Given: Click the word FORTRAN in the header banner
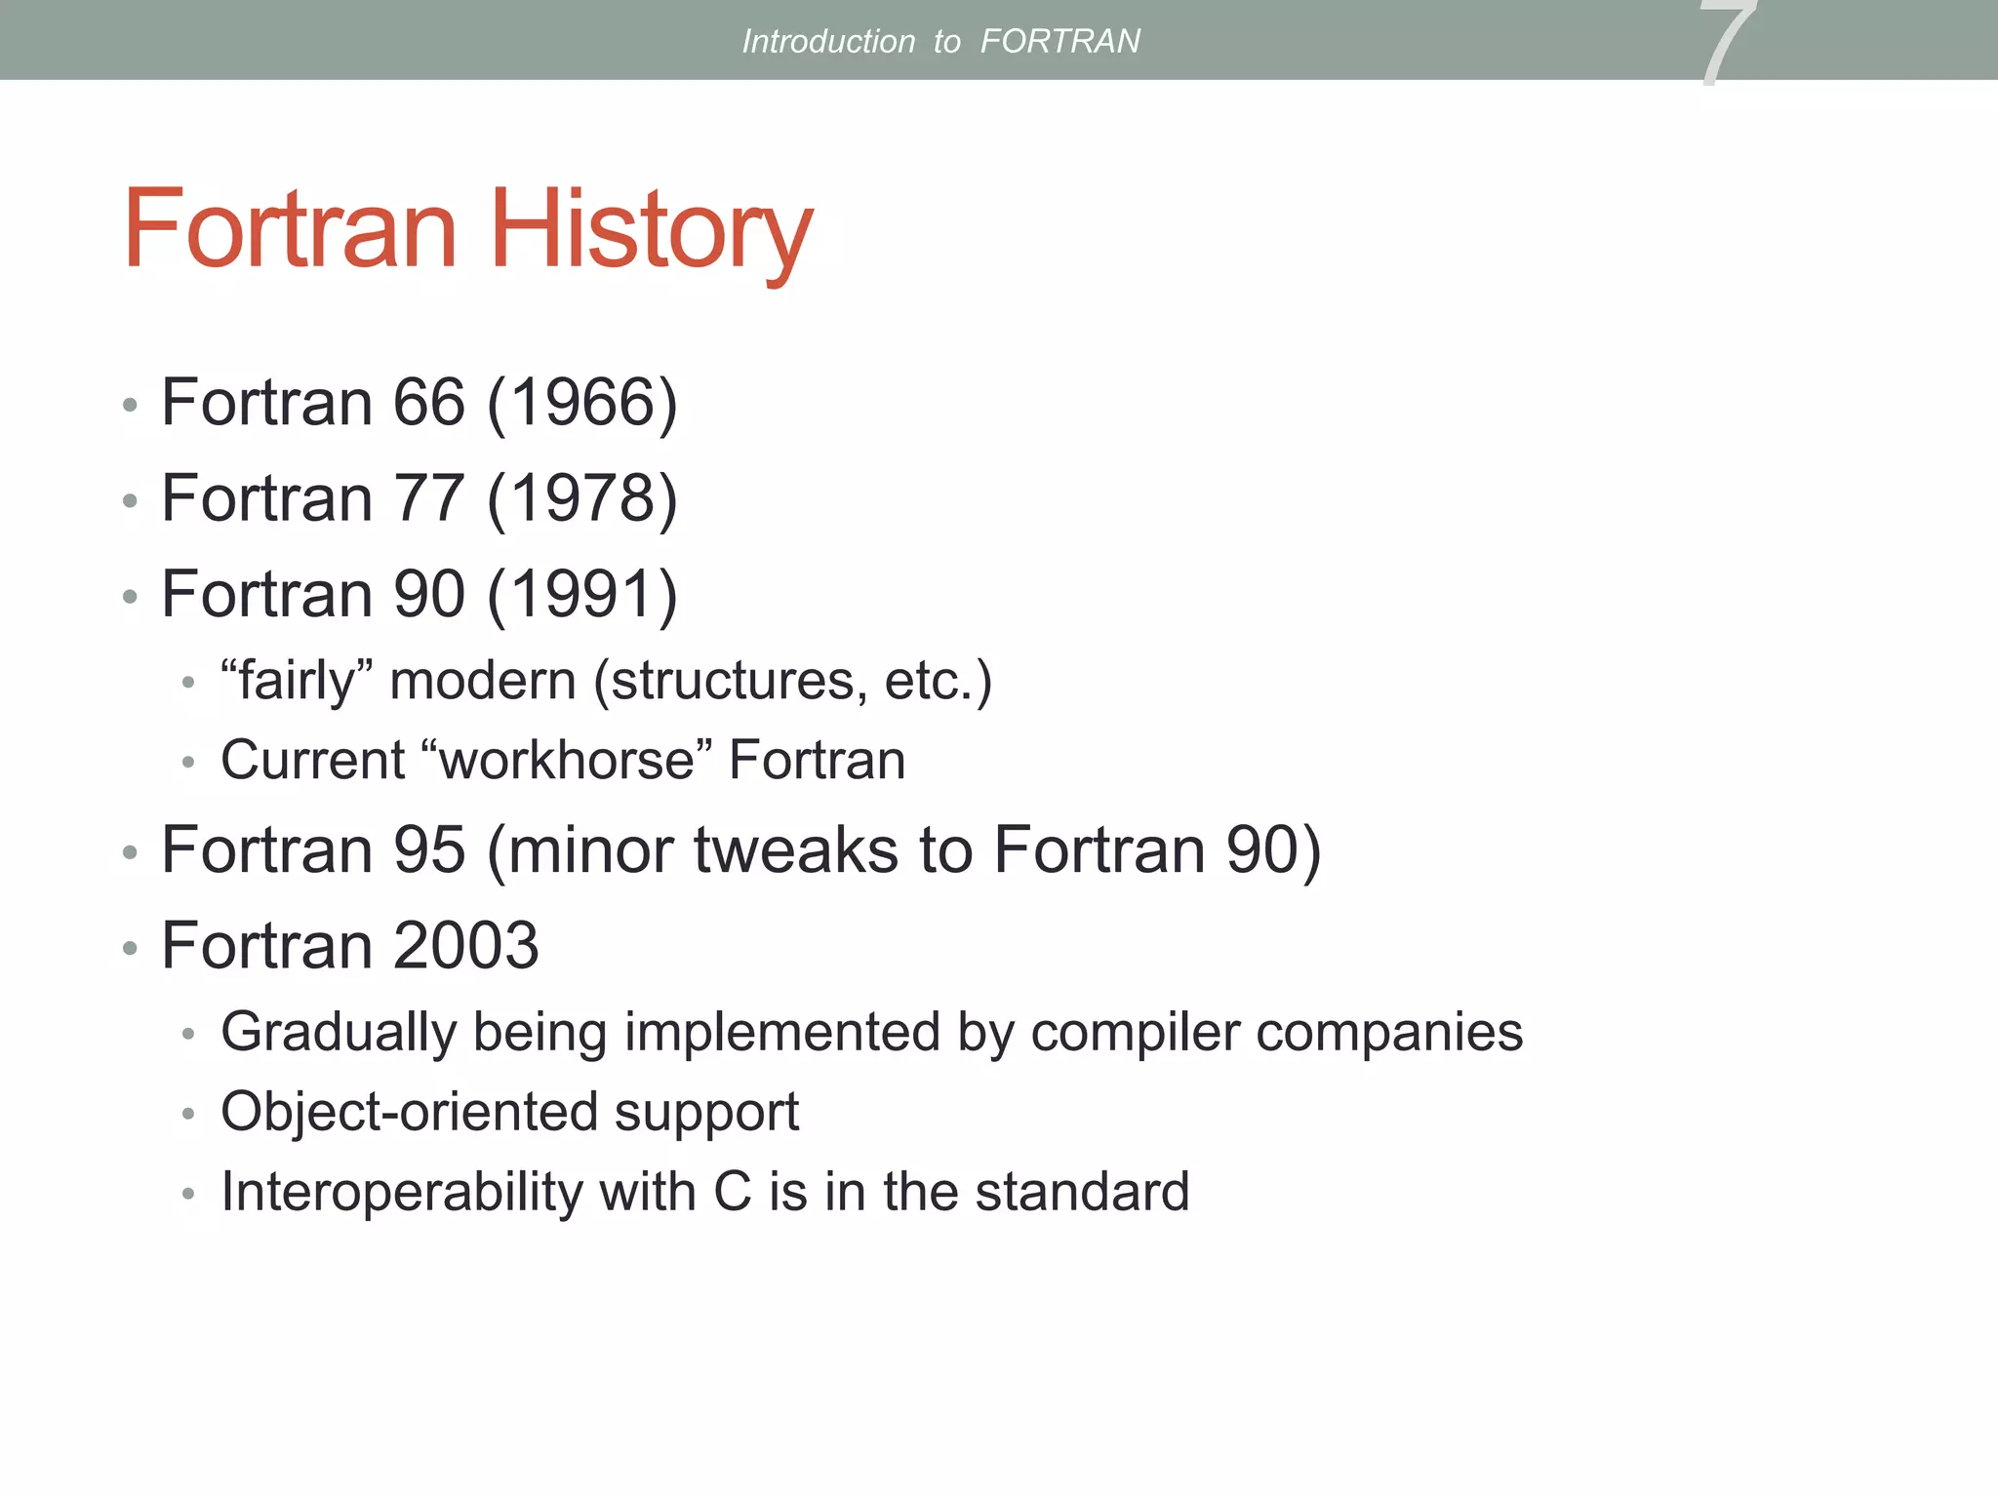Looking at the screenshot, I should click(1059, 41).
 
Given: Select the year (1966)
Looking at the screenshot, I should click(581, 402).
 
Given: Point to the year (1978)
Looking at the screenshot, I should click(581, 498).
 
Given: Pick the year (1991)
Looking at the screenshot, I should click(581, 594).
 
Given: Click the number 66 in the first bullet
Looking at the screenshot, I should click(428, 402).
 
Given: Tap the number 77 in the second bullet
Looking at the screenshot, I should click(428, 498).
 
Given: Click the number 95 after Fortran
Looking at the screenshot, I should click(428, 849).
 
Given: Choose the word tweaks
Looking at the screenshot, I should click(796, 849).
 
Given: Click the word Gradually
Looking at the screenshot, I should click(338, 1032).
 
